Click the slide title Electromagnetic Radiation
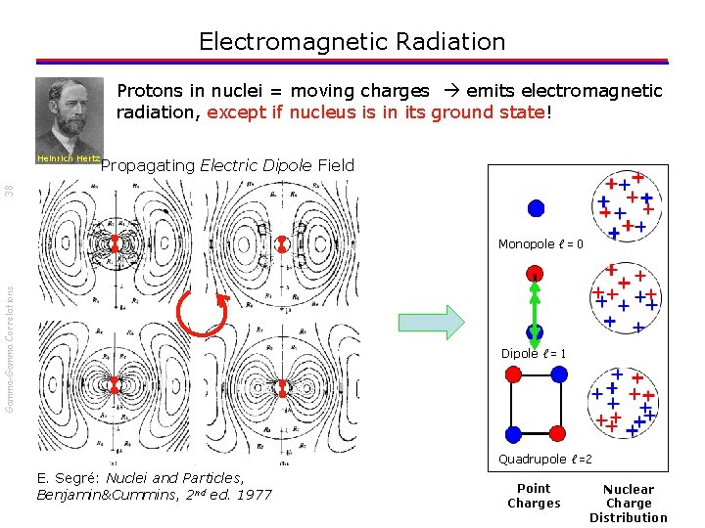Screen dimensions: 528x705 pyautogui.click(x=352, y=42)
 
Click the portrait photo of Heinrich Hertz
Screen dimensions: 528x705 pyautogui.click(x=69, y=114)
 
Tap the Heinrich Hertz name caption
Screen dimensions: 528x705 pyautogui.click(x=69, y=158)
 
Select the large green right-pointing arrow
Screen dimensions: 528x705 pyautogui.click(x=430, y=322)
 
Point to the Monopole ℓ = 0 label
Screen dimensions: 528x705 pyautogui.click(x=540, y=244)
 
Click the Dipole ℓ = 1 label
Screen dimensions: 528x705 pyautogui.click(x=534, y=354)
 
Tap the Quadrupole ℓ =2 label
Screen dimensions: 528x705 pyautogui.click(x=545, y=460)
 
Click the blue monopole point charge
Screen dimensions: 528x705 pyautogui.click(x=536, y=207)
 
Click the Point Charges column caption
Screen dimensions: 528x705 pyautogui.click(x=534, y=496)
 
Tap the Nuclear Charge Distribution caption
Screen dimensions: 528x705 pyautogui.click(x=628, y=504)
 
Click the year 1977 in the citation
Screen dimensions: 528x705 pyautogui.click(x=253, y=495)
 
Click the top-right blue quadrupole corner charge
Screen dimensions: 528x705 pyautogui.click(x=558, y=374)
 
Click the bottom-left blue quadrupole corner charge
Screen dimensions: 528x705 pyautogui.click(x=511, y=433)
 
